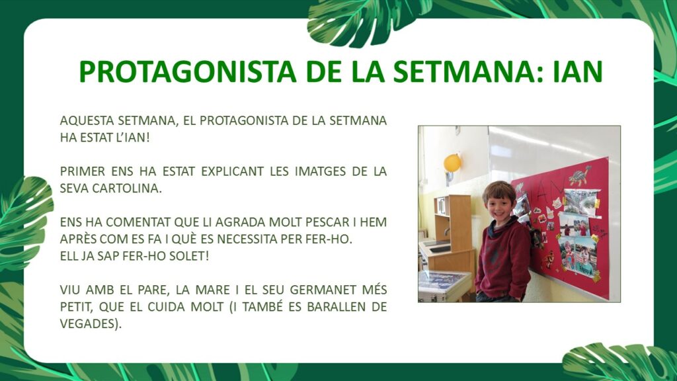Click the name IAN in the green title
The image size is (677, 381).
click(578, 71)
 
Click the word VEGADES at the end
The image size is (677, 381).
click(91, 323)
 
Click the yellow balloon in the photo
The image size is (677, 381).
click(452, 163)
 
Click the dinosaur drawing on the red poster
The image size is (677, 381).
click(579, 175)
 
